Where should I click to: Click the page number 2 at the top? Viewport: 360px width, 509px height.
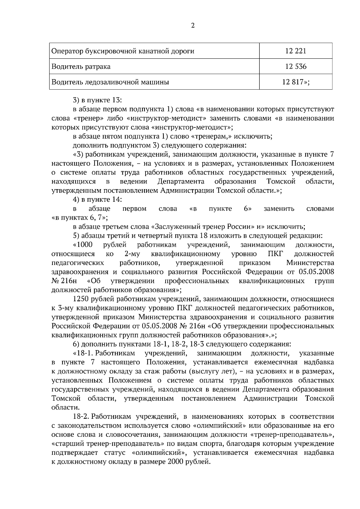click(x=193, y=26)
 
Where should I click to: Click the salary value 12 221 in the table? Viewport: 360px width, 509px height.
click(x=296, y=51)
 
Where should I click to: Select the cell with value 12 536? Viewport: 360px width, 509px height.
click(x=296, y=67)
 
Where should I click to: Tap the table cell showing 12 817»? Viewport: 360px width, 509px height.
click(x=296, y=82)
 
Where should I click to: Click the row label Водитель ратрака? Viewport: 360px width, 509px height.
click(x=81, y=67)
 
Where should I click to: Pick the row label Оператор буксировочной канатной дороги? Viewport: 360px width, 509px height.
click(x=123, y=51)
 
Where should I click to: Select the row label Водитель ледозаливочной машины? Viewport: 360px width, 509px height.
click(x=110, y=82)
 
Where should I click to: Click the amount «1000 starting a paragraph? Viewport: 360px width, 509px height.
click(x=83, y=245)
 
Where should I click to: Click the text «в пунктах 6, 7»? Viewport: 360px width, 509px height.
click(x=80, y=217)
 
